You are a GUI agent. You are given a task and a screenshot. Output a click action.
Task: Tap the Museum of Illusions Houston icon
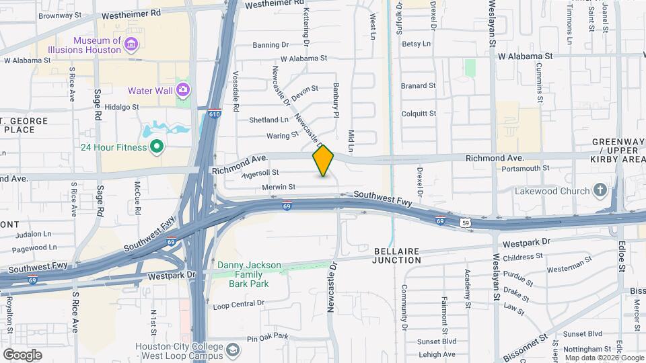point(131,45)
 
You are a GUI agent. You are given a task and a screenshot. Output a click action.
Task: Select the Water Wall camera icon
point(182,89)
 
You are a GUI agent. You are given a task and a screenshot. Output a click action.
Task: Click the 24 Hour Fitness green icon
point(157,147)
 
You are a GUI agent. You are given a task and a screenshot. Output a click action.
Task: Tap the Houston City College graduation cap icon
point(232,350)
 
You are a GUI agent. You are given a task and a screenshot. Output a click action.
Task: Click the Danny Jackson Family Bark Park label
point(249,274)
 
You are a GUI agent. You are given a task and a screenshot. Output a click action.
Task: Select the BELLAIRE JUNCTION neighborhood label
point(397,255)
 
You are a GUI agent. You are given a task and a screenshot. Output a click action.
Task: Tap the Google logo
point(22,355)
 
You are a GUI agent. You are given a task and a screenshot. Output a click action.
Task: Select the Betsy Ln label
point(415,44)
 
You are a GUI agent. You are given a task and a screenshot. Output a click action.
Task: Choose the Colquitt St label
point(419,114)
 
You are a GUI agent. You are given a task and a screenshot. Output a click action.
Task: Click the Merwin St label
point(279,186)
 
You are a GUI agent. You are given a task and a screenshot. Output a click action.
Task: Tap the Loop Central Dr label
point(238,304)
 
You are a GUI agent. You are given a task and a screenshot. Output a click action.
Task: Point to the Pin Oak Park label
point(267,337)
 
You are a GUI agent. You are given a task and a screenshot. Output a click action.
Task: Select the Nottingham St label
point(588,349)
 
